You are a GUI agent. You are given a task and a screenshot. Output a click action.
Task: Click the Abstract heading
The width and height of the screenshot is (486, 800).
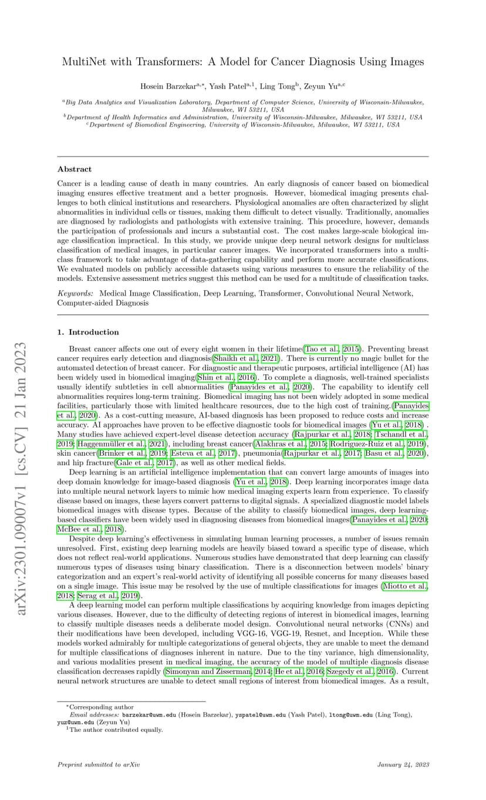[x=74, y=169]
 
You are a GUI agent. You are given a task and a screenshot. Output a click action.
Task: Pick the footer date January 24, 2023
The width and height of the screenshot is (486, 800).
[x=403, y=765]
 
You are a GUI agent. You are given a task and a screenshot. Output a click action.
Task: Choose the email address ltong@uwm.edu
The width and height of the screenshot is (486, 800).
[x=348, y=715]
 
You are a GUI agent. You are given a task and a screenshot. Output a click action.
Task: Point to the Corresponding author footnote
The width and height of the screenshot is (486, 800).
[x=102, y=707]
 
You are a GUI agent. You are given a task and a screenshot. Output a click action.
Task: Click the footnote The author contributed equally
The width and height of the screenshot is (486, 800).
[x=116, y=730]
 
